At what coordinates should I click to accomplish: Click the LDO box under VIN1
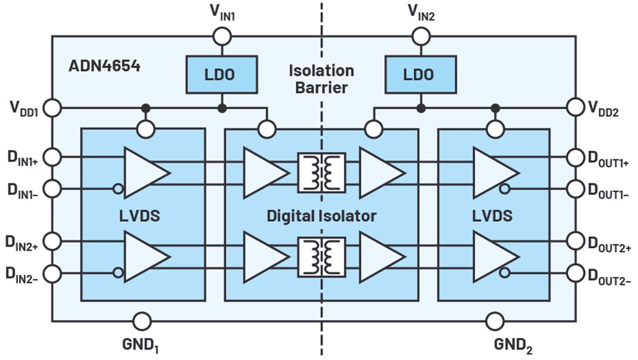(x=222, y=75)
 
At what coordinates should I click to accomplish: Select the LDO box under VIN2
(x=420, y=75)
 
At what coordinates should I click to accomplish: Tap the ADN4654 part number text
(x=105, y=66)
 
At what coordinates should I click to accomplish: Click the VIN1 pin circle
(x=222, y=37)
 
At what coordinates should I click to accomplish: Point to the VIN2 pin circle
(x=421, y=37)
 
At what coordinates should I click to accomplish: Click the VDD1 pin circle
(x=52, y=108)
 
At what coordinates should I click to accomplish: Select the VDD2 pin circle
(x=576, y=108)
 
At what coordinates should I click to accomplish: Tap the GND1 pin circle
(x=142, y=321)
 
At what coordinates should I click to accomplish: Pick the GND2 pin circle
(x=496, y=321)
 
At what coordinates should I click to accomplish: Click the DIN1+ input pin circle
(x=52, y=157)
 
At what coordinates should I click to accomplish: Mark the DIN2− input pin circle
(x=52, y=274)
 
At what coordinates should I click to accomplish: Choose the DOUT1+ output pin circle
(x=576, y=157)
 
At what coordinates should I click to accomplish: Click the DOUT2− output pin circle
(x=576, y=273)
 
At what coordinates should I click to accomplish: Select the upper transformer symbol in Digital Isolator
(x=322, y=172)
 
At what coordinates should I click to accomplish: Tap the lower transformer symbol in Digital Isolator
(x=322, y=257)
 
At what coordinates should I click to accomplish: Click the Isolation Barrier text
(x=321, y=79)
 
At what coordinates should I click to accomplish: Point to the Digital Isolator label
(x=321, y=215)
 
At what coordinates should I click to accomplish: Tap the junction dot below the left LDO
(x=222, y=108)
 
